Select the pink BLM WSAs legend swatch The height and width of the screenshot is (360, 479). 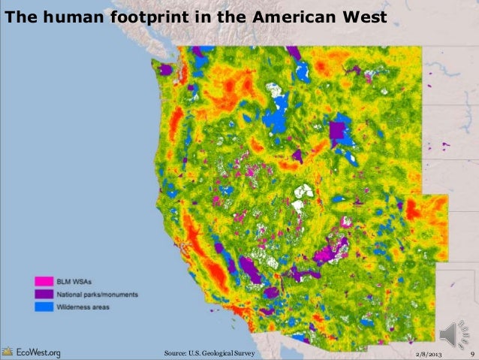(43, 281)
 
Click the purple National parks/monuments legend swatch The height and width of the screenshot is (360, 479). (43, 294)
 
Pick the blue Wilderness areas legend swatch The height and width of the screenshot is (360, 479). (43, 307)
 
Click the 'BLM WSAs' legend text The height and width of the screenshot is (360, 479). (74, 281)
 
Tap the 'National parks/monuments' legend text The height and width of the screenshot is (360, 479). (97, 294)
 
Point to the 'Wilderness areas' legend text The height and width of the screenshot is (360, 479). (83, 307)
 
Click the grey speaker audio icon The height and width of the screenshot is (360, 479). (453, 334)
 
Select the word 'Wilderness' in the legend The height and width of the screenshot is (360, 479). (73, 307)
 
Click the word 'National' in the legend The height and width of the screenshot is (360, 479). (70, 294)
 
